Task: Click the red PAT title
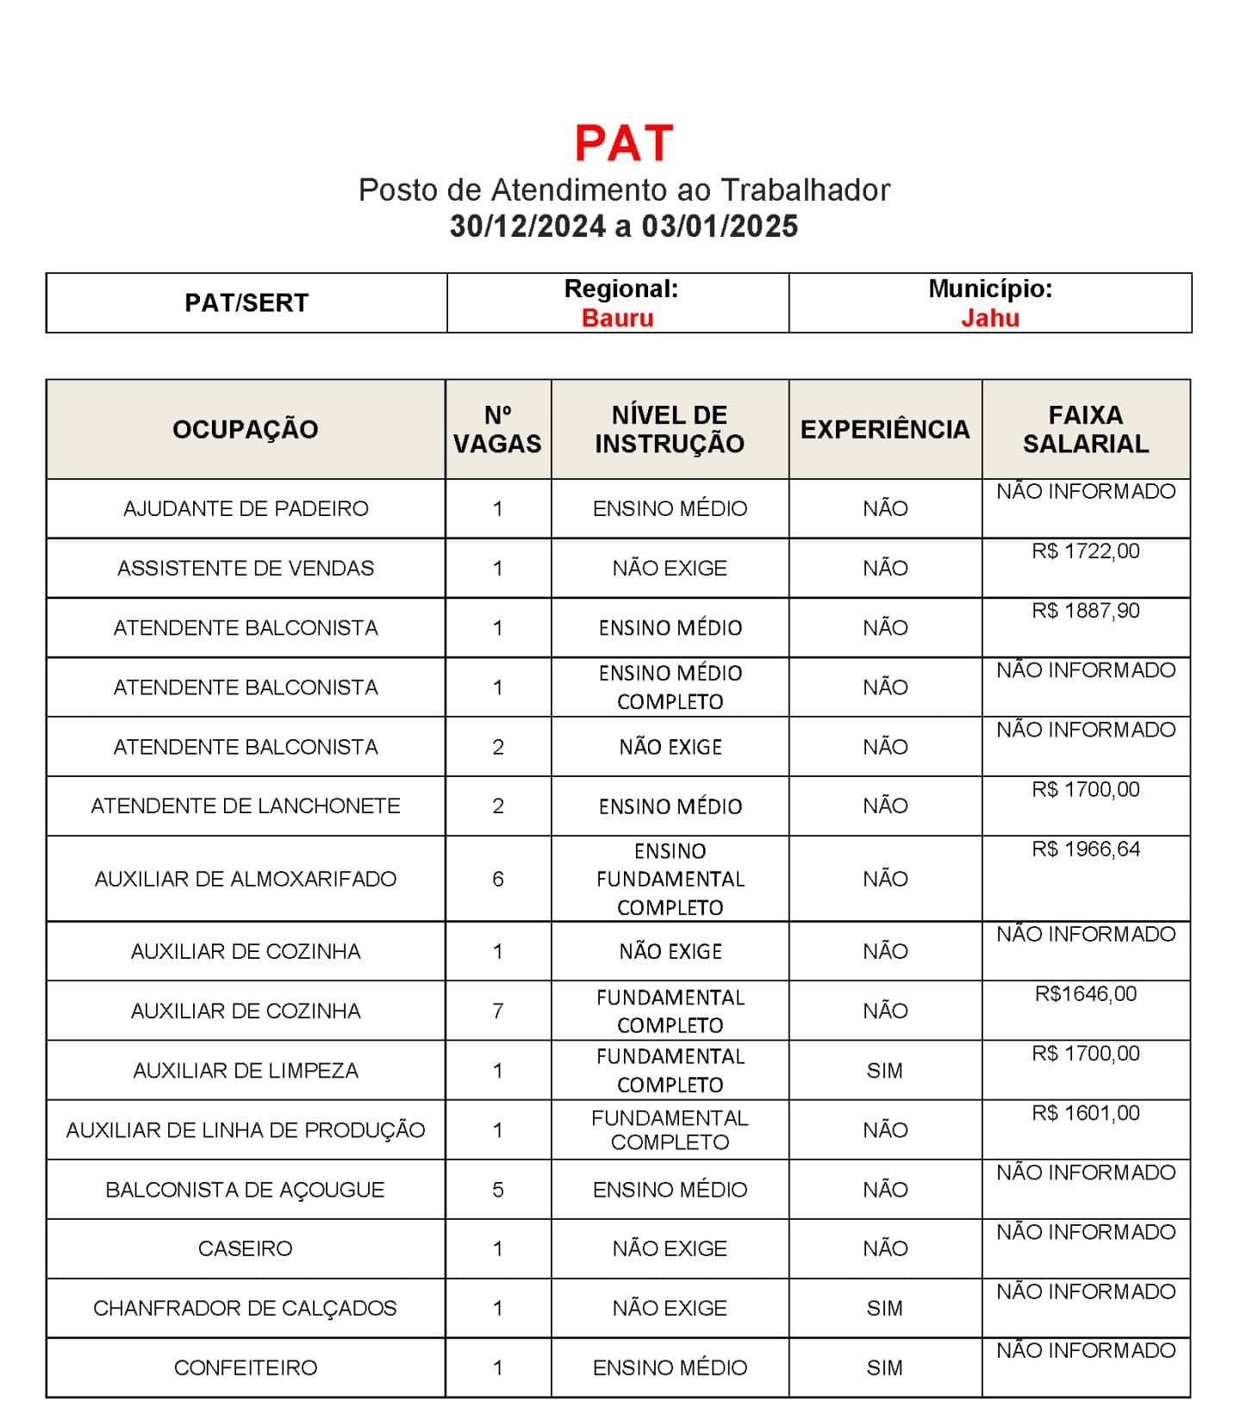coord(623,143)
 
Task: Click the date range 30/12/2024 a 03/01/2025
coord(623,227)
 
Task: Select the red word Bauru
coord(617,318)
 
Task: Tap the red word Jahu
coord(989,318)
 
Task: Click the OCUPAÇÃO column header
coord(246,429)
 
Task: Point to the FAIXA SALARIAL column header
coord(1085,429)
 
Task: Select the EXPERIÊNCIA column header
coord(884,429)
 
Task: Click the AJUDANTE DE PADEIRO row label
coord(246,508)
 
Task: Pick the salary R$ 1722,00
coord(1085,551)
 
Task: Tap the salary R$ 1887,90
coord(1085,611)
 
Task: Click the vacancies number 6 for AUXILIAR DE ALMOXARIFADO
coord(497,879)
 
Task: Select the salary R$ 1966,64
coord(1085,849)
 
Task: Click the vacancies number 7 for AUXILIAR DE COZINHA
coord(497,1011)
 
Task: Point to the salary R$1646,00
coord(1085,994)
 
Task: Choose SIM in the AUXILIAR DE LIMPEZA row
coord(884,1070)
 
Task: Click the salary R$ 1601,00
coord(1085,1113)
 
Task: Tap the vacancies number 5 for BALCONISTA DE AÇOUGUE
coord(497,1190)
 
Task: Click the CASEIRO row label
coord(246,1248)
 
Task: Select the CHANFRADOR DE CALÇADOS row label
coord(246,1308)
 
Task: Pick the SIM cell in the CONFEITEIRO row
coord(884,1367)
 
